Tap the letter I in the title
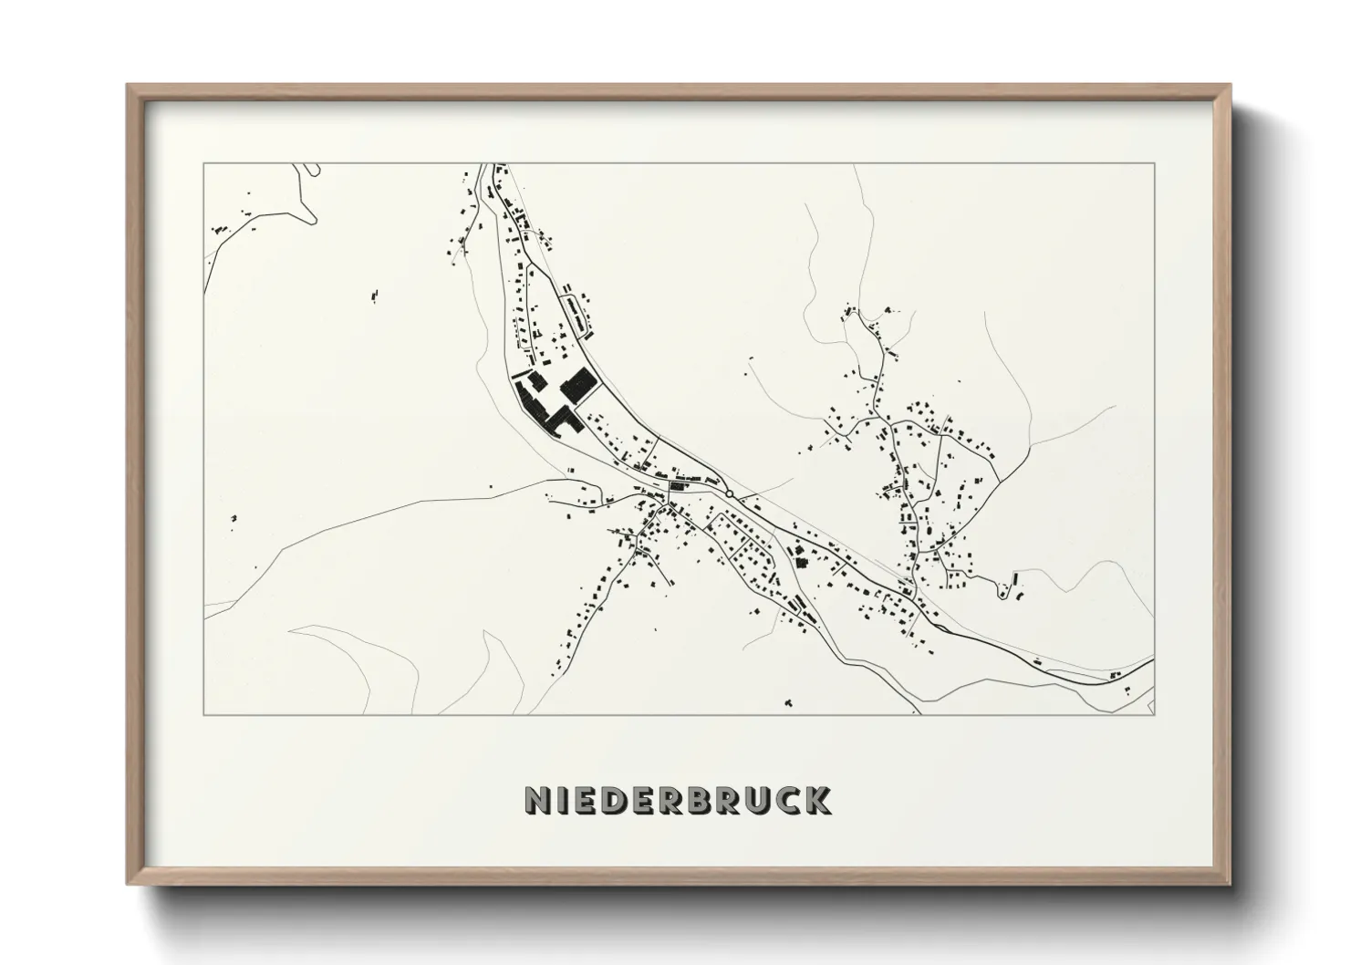[566, 800]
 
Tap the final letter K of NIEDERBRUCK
[817, 800]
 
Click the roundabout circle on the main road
[730, 494]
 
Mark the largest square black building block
[578, 386]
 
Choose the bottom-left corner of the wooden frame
[128, 885]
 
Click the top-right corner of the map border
[1155, 163]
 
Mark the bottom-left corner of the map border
[203, 714]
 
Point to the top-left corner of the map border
[203, 163]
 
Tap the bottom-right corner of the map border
[1155, 714]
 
